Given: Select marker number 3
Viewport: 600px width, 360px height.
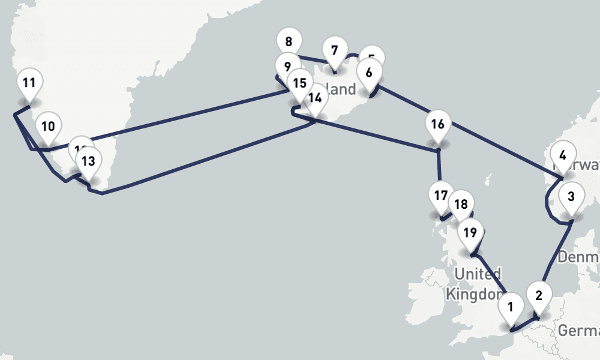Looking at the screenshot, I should tap(571, 196).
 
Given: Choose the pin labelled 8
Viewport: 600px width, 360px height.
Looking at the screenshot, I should tap(289, 42).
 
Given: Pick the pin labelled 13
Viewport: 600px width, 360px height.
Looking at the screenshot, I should tap(88, 161).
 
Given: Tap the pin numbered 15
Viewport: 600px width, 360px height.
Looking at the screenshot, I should tap(299, 83).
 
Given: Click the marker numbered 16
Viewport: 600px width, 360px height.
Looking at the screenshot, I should tap(437, 125).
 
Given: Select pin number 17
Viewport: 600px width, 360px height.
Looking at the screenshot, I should tap(440, 196).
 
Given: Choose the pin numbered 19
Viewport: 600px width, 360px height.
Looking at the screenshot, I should tap(470, 232).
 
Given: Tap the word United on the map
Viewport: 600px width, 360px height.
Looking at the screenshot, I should tap(477, 275).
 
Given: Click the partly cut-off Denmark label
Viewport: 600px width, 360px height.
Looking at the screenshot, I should tap(578, 258).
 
